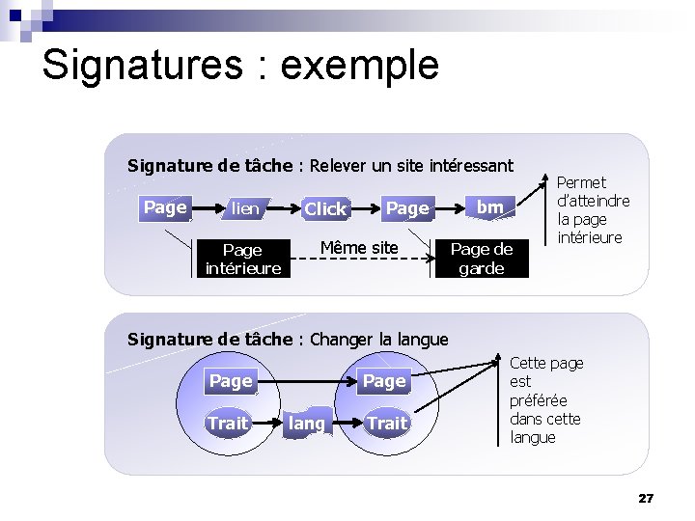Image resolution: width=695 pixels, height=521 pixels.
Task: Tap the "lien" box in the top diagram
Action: point(245,208)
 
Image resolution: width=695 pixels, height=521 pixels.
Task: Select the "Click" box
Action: point(325,208)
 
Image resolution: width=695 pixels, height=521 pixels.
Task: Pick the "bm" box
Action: point(490,207)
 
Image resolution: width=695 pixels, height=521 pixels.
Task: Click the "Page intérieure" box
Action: point(242,259)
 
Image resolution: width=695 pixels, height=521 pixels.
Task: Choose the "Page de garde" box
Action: point(482,259)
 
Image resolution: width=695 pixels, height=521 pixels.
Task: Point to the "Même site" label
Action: point(358,248)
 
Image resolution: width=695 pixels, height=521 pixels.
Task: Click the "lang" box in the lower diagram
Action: point(307,423)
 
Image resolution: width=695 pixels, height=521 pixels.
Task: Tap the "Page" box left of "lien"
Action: point(165,207)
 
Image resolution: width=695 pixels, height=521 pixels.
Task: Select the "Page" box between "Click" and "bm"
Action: point(407,208)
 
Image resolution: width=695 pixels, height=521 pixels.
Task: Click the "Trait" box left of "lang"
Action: point(228,423)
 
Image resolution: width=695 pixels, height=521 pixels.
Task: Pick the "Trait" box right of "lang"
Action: point(387,423)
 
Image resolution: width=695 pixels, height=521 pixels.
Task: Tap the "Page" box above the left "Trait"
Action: point(231,381)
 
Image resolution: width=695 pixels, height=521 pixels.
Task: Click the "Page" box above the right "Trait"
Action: point(384,381)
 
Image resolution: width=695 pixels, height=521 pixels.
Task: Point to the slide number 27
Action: point(646,498)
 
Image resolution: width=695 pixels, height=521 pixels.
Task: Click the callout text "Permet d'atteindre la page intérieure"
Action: point(593,209)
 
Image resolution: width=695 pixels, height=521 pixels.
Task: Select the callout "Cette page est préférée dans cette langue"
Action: point(546,399)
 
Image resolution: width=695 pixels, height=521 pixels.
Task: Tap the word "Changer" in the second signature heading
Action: point(343,339)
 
